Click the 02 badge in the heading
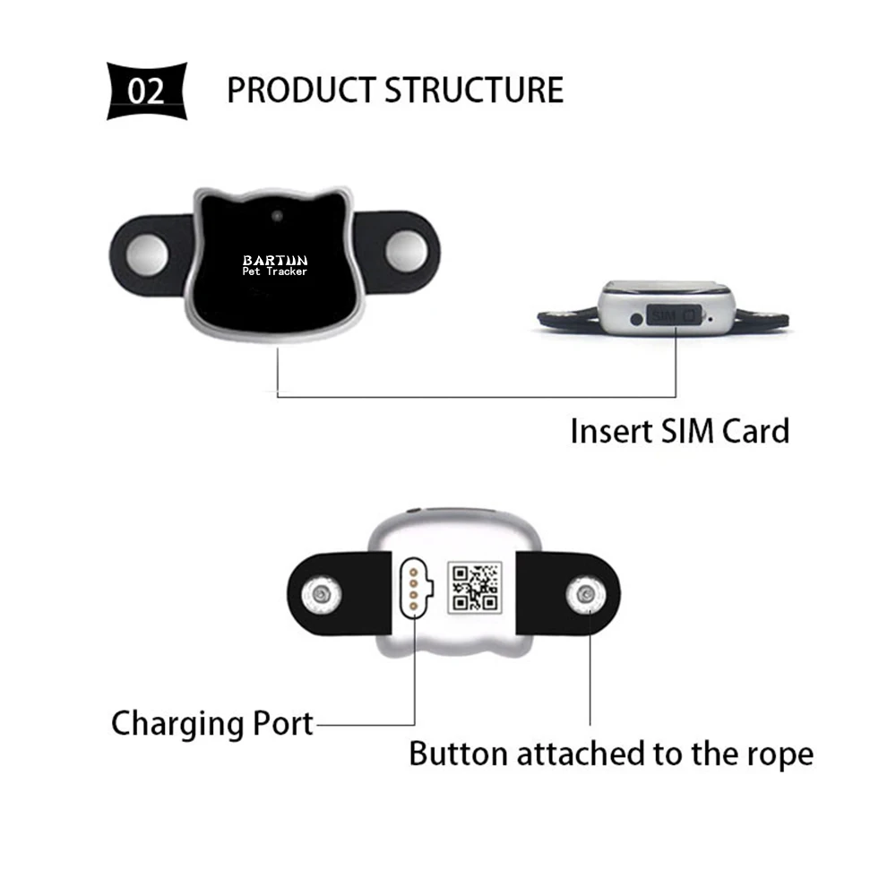tap(147, 90)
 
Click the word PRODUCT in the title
tap(300, 90)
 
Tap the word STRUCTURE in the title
tap(474, 90)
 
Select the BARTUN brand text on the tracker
tap(275, 261)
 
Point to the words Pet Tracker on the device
tap(275, 272)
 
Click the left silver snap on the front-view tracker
tap(147, 254)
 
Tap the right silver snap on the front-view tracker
tap(406, 252)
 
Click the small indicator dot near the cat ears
tap(277, 216)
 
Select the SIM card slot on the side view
tap(674, 314)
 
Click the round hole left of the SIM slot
tap(636, 320)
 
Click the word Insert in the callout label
tap(611, 431)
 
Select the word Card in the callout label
tap(755, 431)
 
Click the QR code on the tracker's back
tap(475, 588)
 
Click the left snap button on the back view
tap(321, 595)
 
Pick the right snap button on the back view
tap(586, 595)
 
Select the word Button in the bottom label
tap(458, 754)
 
